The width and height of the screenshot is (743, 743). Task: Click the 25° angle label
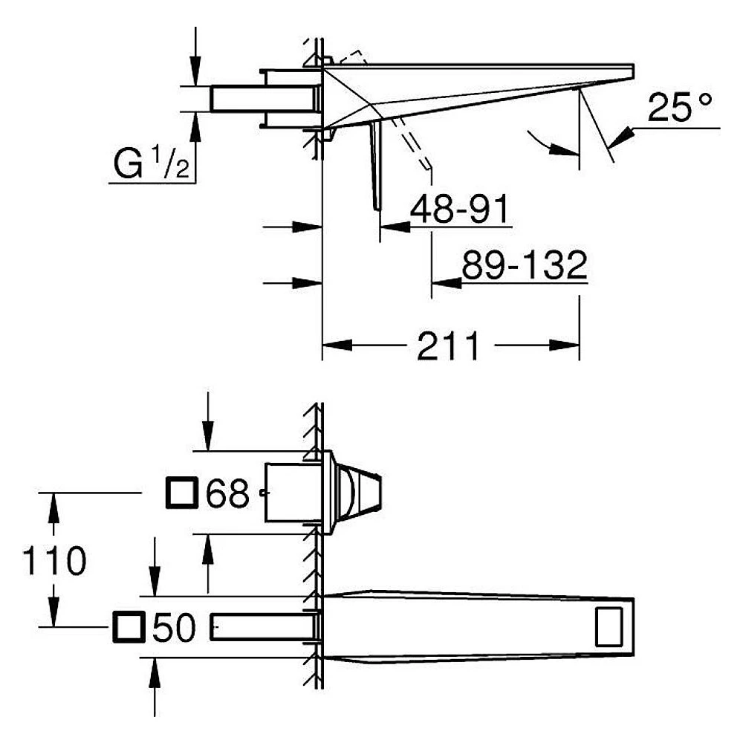(x=680, y=107)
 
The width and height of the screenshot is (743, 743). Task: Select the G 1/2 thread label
(x=152, y=163)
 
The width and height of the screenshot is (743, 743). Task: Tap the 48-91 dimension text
(x=459, y=209)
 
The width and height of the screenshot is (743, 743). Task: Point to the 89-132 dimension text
(x=525, y=265)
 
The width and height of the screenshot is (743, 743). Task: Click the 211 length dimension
(x=448, y=346)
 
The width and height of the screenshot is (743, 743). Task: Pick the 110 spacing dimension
(x=54, y=560)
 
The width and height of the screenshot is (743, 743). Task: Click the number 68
(x=227, y=493)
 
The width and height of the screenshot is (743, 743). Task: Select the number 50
(x=174, y=627)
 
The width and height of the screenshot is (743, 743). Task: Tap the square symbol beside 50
(x=129, y=627)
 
